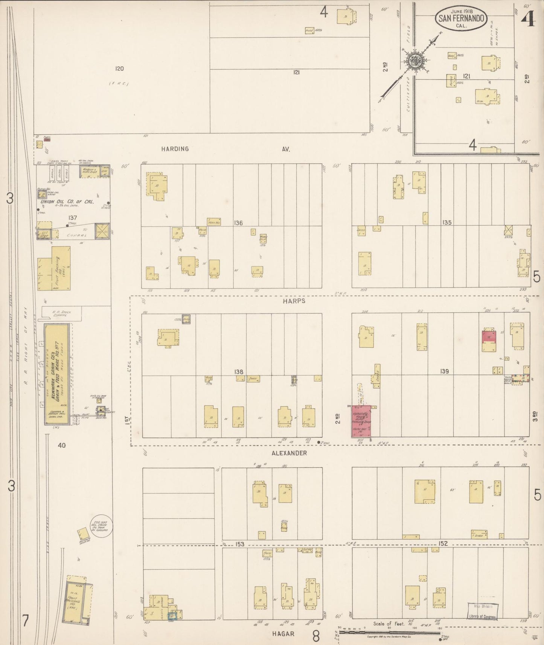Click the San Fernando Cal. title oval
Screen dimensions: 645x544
click(x=461, y=18)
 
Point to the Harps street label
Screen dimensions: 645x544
click(x=295, y=301)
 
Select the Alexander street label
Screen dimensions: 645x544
click(x=292, y=453)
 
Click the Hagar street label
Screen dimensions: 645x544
click(x=283, y=634)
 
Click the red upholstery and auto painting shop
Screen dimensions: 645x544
click(x=361, y=421)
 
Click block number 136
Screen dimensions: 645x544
click(x=238, y=223)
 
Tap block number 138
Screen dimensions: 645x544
click(x=239, y=371)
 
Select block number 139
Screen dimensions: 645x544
click(x=444, y=371)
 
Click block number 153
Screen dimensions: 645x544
click(x=240, y=544)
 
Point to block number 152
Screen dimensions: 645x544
click(x=443, y=543)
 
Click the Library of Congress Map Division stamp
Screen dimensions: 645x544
click(x=483, y=612)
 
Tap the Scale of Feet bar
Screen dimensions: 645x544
click(x=390, y=632)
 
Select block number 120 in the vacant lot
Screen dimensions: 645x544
click(x=119, y=68)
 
